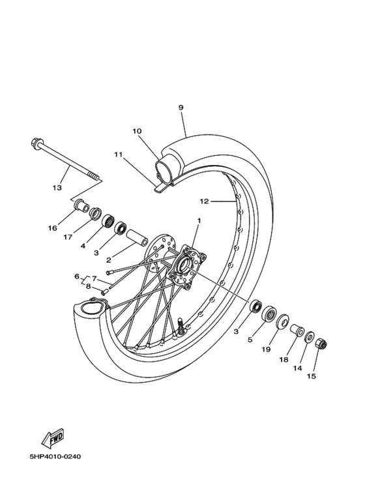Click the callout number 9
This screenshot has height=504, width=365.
coord(181,108)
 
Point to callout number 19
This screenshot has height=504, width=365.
coord(266,349)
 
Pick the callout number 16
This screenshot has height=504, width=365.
coord(51,229)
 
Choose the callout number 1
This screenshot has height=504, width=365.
coord(199,220)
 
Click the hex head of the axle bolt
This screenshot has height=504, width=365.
coord(35,143)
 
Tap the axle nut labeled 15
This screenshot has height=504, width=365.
coord(321,344)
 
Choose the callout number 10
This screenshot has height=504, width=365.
coord(137,131)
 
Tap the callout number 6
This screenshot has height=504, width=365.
coord(76,276)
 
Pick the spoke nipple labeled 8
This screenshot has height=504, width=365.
coord(104,291)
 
